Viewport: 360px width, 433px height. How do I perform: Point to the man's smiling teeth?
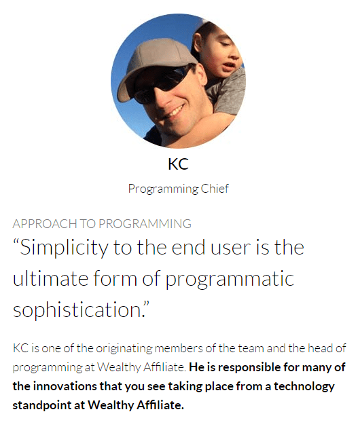(x=175, y=111)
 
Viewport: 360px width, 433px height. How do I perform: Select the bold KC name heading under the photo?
(x=178, y=164)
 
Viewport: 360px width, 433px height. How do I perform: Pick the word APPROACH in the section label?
(x=45, y=224)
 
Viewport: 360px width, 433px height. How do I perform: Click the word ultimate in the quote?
(x=50, y=278)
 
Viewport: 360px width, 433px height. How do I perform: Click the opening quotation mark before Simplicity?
(x=16, y=242)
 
